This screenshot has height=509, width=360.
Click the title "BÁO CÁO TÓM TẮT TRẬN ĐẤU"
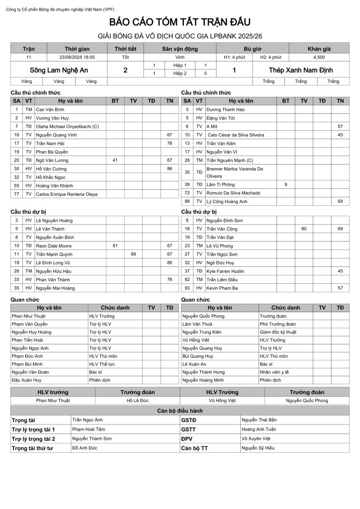click(x=180, y=22)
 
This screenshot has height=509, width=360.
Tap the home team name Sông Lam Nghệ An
click(x=59, y=70)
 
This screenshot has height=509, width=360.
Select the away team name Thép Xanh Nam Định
click(x=300, y=70)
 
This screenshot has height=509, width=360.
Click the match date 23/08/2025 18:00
click(x=77, y=57)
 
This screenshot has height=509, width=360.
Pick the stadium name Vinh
click(x=180, y=57)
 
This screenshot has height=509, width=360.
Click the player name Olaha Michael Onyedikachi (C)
click(x=67, y=126)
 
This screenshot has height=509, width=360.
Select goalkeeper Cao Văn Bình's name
click(x=50, y=109)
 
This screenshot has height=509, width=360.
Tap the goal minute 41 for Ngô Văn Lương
click(x=115, y=160)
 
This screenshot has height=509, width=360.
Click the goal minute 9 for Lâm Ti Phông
click(x=286, y=184)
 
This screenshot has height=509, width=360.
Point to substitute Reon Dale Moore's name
click(x=54, y=246)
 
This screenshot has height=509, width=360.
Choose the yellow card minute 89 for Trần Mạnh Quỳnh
click(x=133, y=254)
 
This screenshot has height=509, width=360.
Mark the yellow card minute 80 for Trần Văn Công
click(x=304, y=229)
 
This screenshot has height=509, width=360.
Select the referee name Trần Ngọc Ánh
click(x=88, y=420)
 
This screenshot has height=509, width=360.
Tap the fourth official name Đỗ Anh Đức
click(x=85, y=448)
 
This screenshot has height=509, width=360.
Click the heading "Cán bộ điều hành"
click(x=180, y=411)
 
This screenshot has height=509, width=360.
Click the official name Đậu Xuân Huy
click(x=26, y=380)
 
